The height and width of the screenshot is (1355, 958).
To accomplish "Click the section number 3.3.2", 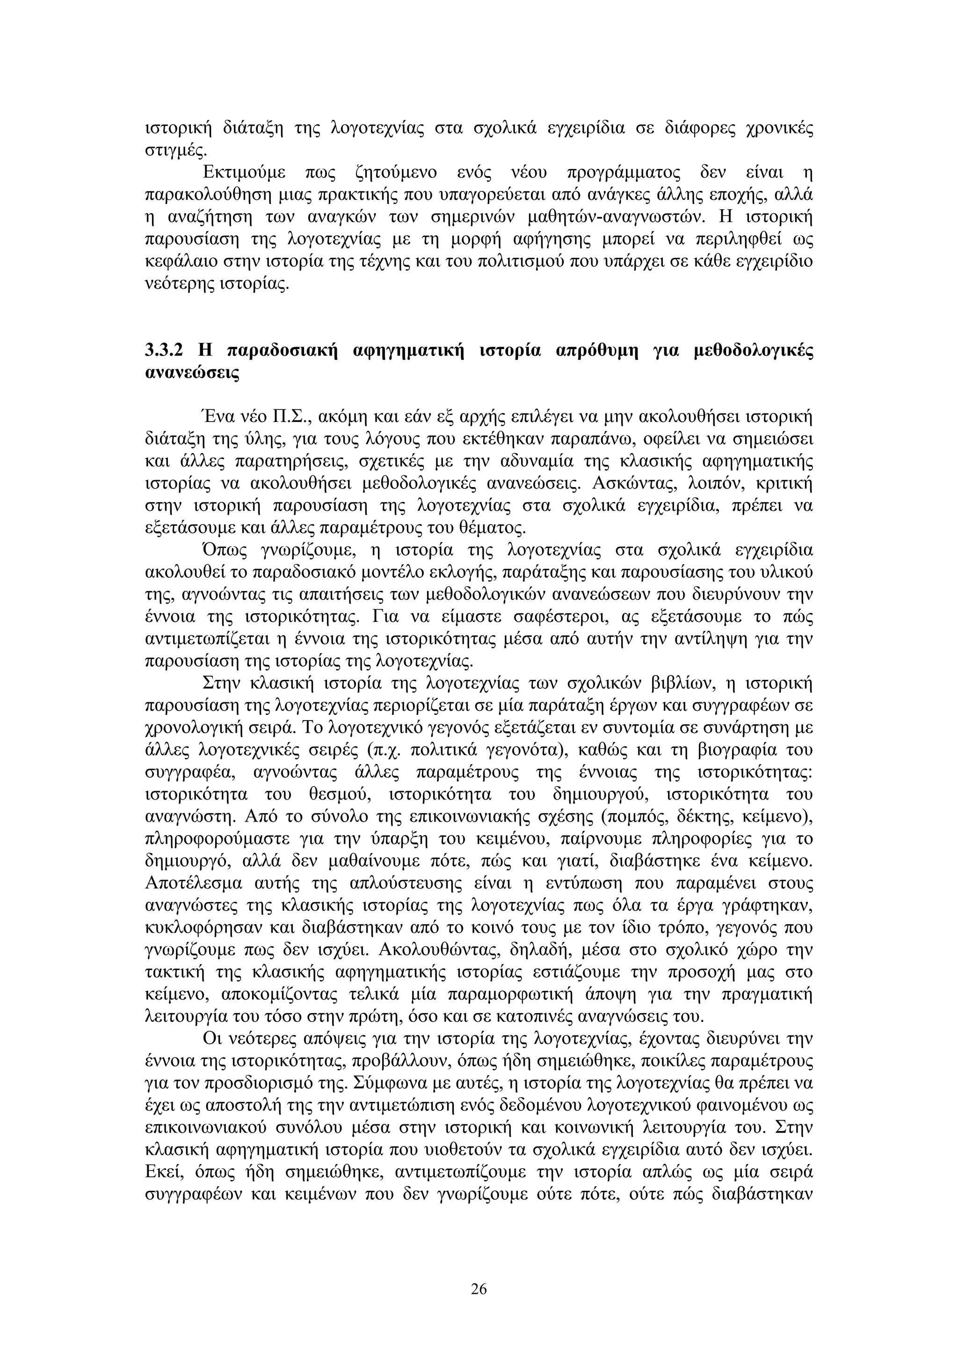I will (164, 351).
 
